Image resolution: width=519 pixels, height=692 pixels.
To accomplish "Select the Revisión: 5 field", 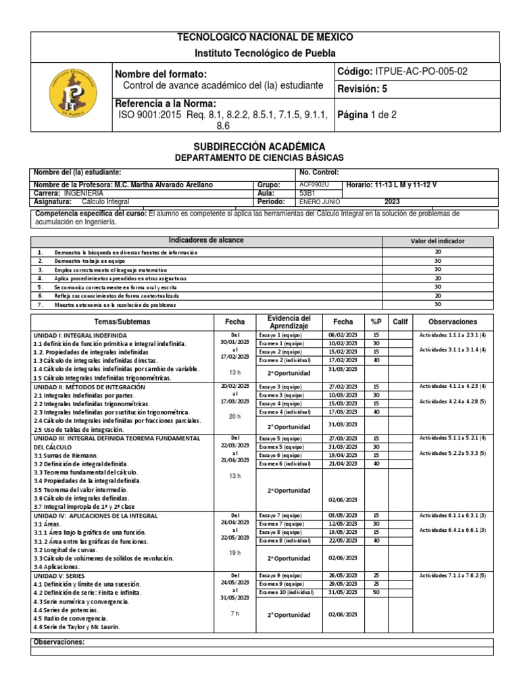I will pos(362,89).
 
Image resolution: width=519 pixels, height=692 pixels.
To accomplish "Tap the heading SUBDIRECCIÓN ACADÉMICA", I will pos(259,146).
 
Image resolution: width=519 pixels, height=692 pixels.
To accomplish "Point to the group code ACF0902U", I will pos(314,184).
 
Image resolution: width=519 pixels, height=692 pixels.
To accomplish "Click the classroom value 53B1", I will pos(307,193).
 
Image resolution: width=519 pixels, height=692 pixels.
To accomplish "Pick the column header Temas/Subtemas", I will pos(122,322).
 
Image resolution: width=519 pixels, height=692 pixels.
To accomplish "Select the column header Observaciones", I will pos(452,322).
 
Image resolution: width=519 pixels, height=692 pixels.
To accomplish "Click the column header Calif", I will pos(400,322).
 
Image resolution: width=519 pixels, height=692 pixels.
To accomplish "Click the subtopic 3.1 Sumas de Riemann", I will pos(66,455).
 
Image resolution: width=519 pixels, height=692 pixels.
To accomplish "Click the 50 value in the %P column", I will pos(376,592).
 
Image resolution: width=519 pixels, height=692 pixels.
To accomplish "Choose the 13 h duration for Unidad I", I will pos(235,372).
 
